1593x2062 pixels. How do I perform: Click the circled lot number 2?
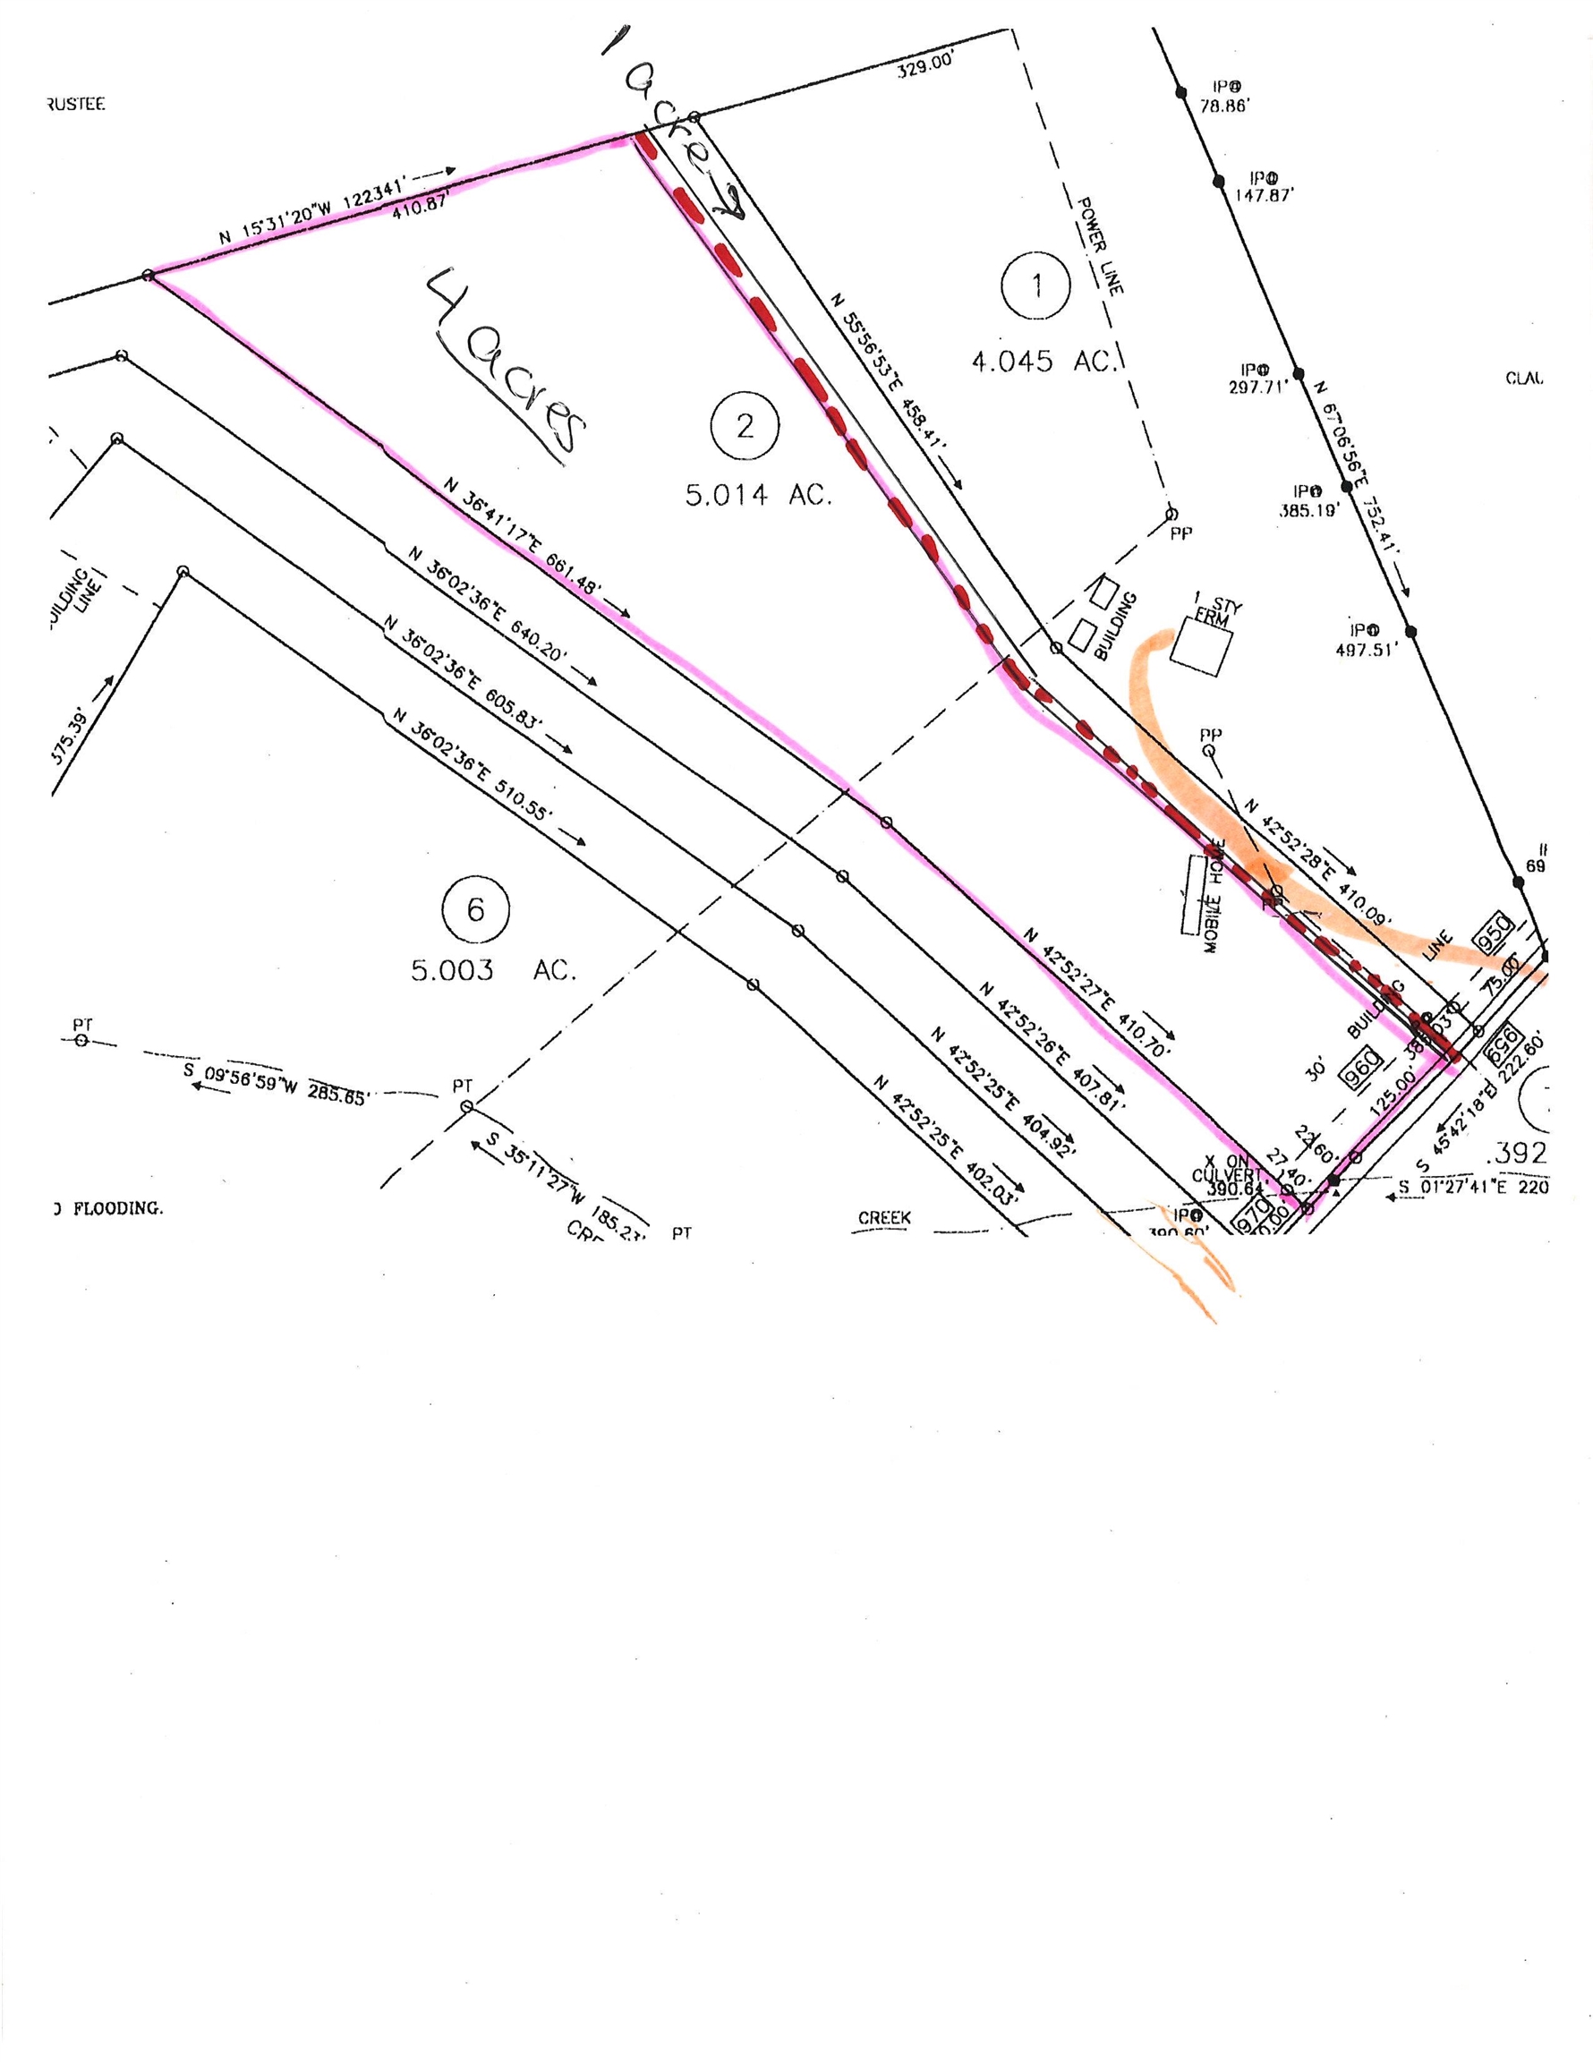(x=745, y=427)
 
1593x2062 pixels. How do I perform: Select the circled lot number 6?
(x=475, y=911)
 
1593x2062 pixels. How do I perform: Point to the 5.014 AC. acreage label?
(x=758, y=495)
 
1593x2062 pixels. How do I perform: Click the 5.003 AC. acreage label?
(x=493, y=969)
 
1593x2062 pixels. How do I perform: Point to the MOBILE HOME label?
(x=1214, y=896)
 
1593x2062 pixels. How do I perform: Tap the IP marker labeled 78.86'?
(x=1225, y=98)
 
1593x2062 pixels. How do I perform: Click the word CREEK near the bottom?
(x=884, y=1218)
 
